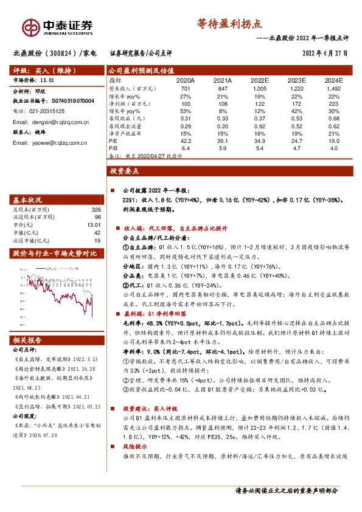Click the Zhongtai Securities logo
click(58, 27)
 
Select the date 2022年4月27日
click(325, 53)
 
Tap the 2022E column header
click(259, 80)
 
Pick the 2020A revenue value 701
click(186, 88)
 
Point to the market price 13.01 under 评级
click(46, 80)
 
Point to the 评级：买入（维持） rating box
click(41, 69)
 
